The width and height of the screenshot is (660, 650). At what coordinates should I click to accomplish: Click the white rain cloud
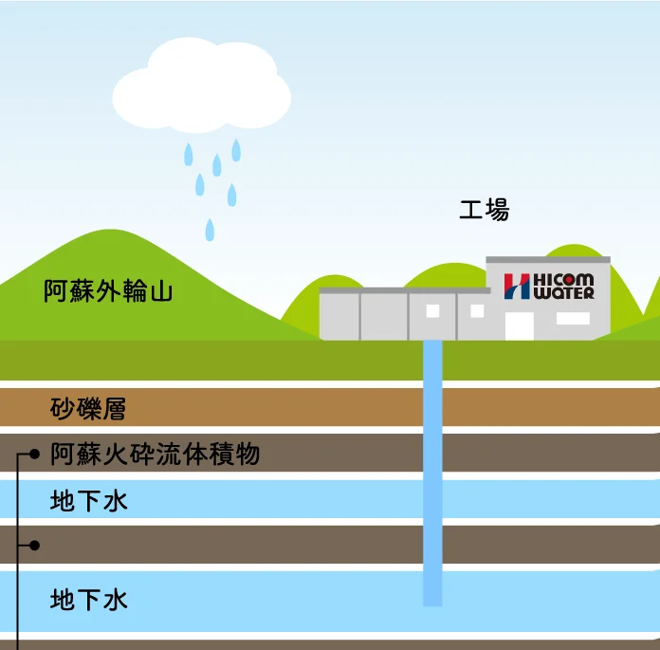point(201,86)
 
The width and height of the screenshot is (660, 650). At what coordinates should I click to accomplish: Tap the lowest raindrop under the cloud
point(211,229)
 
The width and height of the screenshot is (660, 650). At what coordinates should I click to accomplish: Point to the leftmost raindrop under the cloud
point(189,154)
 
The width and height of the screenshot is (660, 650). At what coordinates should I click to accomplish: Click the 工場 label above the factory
point(484,211)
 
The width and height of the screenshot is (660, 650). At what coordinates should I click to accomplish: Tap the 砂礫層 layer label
point(88,410)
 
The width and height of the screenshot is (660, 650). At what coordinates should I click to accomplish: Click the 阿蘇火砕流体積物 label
point(155,455)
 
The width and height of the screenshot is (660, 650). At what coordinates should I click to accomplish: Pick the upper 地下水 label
point(88,501)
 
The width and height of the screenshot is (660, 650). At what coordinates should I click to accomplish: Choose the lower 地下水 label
point(88,601)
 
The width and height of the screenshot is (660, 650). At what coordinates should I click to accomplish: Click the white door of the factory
point(519,325)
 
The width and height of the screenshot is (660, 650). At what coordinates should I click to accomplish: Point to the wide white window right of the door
point(573,319)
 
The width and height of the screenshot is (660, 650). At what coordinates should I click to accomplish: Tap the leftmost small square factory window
point(432,310)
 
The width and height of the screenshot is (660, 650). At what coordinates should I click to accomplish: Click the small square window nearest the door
point(477,310)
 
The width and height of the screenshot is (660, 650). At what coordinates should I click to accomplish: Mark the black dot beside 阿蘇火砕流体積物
point(35,455)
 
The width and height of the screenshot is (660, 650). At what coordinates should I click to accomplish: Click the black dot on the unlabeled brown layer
point(35,545)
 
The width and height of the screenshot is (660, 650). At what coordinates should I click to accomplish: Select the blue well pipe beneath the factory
point(432,474)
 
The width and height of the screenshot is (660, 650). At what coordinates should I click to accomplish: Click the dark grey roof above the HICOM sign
point(548,259)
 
